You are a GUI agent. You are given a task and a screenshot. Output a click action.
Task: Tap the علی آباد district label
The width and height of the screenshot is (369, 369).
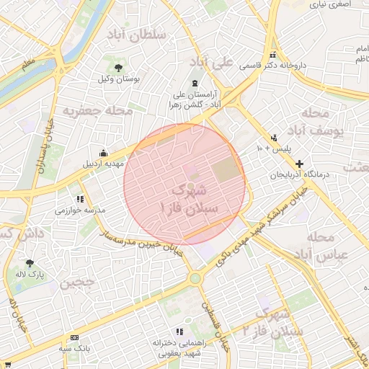click(229, 63)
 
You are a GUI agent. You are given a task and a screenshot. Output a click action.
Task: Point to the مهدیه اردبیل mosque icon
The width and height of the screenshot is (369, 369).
click(104, 153)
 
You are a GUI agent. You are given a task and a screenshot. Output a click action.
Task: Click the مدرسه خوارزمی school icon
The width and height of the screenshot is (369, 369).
click(80, 199)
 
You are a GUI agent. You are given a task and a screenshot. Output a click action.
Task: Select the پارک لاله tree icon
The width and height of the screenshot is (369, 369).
click(30, 264)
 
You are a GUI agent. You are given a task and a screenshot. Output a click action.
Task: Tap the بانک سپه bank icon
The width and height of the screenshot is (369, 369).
click(76, 337)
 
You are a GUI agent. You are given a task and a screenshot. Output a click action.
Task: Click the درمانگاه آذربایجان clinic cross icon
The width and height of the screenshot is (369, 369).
click(300, 164)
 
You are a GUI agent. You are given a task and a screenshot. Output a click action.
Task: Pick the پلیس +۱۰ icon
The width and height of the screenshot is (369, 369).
click(275, 138)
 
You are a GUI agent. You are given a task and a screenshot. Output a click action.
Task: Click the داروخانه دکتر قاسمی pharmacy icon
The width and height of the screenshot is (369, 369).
click(272, 55)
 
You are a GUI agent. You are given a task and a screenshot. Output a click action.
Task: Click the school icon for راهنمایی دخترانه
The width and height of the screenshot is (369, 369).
click(158, 333)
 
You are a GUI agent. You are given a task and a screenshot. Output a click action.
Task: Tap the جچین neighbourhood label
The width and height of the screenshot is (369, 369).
click(77, 283)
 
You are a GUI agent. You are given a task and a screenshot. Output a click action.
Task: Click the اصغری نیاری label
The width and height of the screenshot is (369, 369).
click(329, 4)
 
